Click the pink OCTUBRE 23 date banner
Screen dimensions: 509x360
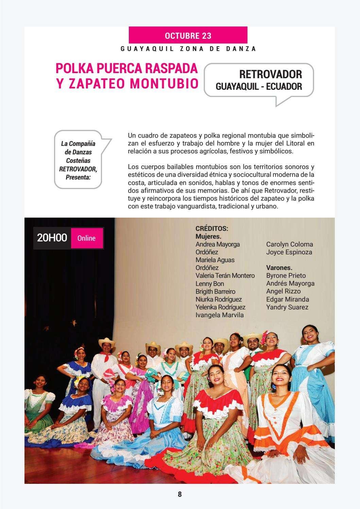tap(188, 35)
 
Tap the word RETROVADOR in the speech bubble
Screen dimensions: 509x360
tap(270, 74)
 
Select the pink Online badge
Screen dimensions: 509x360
tap(86, 238)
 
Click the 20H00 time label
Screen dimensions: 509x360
tap(52, 238)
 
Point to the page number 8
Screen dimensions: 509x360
tap(180, 494)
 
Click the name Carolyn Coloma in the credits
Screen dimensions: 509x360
tap(289, 244)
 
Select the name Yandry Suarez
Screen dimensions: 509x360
tap(287, 307)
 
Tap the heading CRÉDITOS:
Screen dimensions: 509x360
tap(212, 228)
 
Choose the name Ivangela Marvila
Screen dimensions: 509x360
tap(219, 315)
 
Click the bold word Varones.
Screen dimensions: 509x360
tap(279, 268)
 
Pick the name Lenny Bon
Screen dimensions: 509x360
tap(209, 284)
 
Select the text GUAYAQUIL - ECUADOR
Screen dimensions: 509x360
tap(259, 86)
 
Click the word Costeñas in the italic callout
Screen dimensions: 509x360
tap(78, 160)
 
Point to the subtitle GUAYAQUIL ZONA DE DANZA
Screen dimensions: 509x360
tap(188, 49)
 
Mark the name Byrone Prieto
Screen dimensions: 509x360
tap(286, 275)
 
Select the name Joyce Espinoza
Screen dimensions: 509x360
tap(289, 252)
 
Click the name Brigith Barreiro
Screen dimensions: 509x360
tap(215, 291)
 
